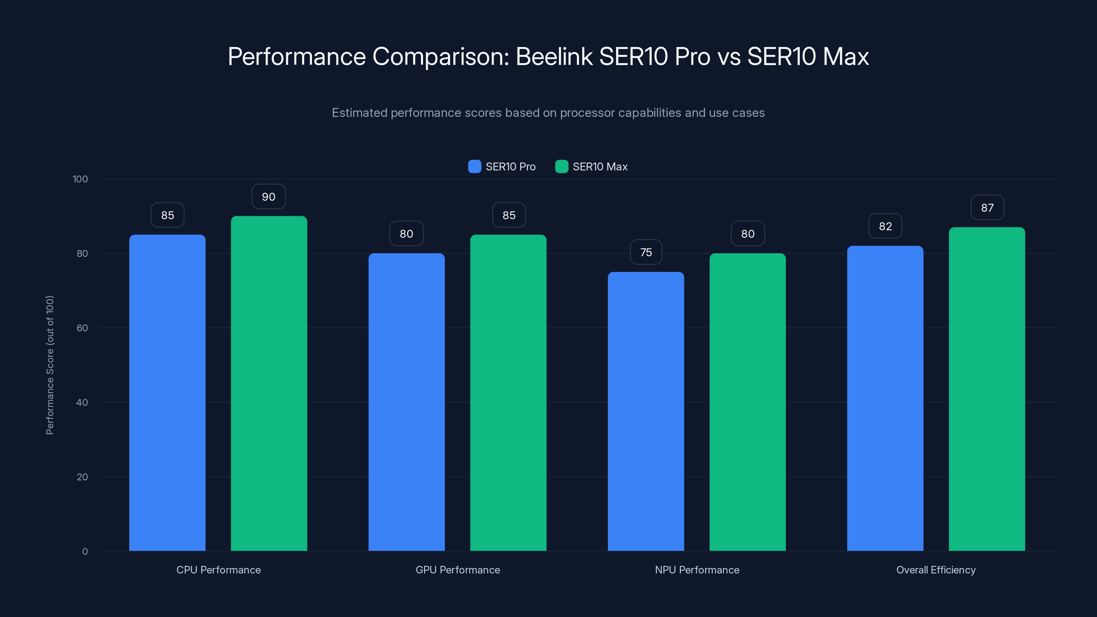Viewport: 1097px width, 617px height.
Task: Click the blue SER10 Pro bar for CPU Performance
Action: click(x=167, y=392)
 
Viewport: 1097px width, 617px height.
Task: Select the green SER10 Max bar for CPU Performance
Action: click(x=269, y=383)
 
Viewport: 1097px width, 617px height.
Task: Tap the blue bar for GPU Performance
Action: click(x=406, y=402)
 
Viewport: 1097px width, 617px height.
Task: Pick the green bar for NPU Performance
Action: click(x=747, y=402)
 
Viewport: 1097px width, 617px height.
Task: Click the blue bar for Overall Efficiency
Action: click(x=885, y=398)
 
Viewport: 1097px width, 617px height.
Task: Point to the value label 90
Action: click(x=269, y=197)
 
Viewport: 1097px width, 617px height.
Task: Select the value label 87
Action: click(x=987, y=208)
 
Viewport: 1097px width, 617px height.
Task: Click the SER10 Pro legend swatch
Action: click(x=474, y=167)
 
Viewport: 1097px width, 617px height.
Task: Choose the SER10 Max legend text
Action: click(x=600, y=167)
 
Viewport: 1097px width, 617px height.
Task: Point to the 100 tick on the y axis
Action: click(x=80, y=179)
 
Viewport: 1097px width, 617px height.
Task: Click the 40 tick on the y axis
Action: click(x=82, y=402)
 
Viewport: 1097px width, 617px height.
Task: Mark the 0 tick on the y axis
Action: click(x=85, y=552)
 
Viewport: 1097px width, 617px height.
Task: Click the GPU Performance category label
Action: click(x=458, y=570)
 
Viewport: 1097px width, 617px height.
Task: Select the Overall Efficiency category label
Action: click(x=936, y=570)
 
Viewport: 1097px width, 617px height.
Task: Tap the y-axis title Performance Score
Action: click(x=50, y=365)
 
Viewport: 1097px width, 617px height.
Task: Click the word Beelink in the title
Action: click(x=554, y=56)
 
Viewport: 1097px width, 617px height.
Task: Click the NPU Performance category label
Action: click(x=697, y=570)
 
